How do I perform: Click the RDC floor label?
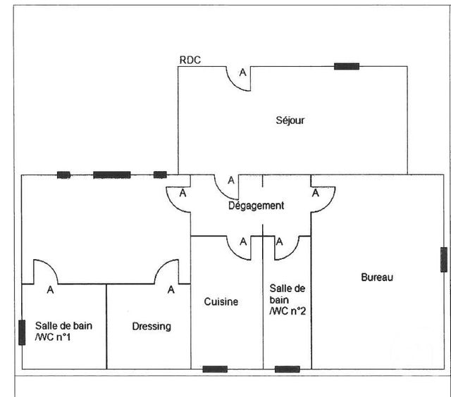click(x=190, y=61)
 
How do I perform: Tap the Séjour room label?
click(x=290, y=120)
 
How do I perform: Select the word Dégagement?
click(x=256, y=206)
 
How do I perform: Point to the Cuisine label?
click(x=221, y=302)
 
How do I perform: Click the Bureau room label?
click(x=377, y=277)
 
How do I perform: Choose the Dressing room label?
click(x=152, y=327)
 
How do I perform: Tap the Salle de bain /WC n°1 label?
click(x=63, y=332)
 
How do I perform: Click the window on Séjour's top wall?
click(x=346, y=67)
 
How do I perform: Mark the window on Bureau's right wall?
click(x=443, y=260)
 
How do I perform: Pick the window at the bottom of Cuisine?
click(x=215, y=369)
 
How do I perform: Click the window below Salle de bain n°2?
click(x=287, y=369)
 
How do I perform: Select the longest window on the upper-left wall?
click(x=111, y=175)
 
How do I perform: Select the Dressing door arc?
click(x=169, y=272)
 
